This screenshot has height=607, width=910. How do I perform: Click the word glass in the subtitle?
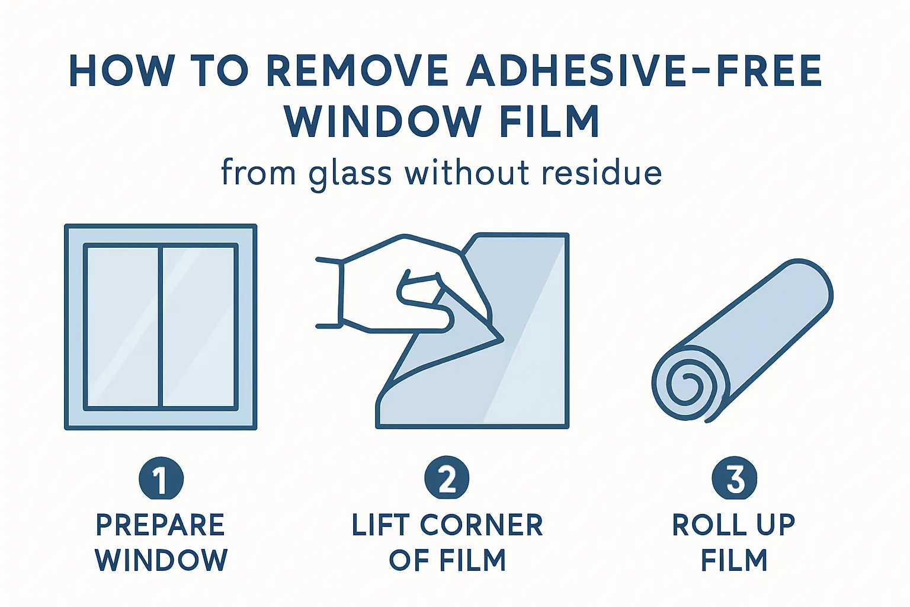pyautogui.click(x=350, y=174)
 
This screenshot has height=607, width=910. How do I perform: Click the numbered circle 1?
pyautogui.click(x=161, y=478)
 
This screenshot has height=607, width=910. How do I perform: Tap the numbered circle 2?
pyautogui.click(x=447, y=478)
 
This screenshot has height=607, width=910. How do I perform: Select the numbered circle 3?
pyautogui.click(x=735, y=478)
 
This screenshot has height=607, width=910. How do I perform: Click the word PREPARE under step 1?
pyautogui.click(x=161, y=525)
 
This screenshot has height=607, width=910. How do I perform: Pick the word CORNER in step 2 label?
pyautogui.click(x=482, y=525)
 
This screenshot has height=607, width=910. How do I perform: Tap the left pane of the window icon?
pyautogui.click(x=122, y=327)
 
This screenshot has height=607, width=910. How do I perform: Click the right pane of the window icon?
pyautogui.click(x=198, y=327)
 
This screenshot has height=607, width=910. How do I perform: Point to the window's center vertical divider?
pyautogui.click(x=161, y=327)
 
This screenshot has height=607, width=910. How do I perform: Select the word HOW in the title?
pyautogui.click(x=119, y=71)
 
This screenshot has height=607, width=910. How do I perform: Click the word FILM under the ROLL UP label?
pyautogui.click(x=734, y=560)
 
